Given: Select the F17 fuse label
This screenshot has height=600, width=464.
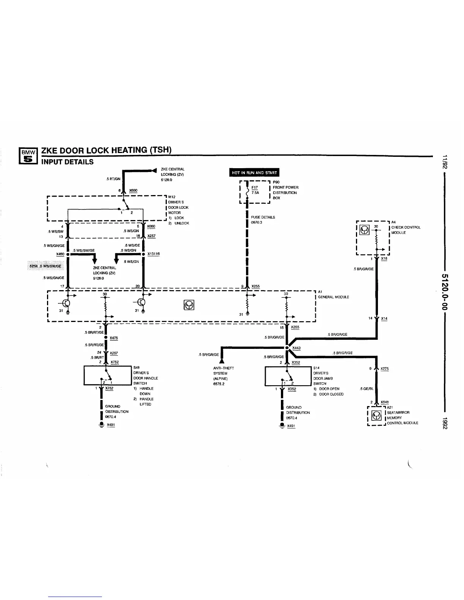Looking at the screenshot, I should point(255,187).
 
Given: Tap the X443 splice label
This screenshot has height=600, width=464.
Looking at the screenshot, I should point(296,348).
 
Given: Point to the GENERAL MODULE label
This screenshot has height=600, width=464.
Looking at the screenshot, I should point(333,297).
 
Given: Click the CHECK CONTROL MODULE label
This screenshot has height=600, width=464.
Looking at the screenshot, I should point(405,230).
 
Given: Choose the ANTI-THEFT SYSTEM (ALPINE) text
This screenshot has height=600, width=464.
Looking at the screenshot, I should point(224,376).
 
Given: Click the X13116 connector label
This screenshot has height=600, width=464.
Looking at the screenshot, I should point(154,254).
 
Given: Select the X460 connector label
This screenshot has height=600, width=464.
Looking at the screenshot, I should point(60,254).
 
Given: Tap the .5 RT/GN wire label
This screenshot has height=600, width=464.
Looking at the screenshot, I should point(113,179).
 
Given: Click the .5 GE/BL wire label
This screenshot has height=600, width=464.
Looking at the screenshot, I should point(367,389).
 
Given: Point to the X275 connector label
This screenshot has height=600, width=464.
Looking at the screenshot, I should point(384,369).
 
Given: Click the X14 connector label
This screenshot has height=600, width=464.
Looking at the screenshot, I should point(384,319).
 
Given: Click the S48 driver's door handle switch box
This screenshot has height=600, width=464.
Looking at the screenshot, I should point(108,375).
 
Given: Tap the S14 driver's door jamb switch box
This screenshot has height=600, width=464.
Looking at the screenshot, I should point(288,376).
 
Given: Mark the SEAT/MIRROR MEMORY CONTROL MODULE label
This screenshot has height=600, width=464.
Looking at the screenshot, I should point(402,418).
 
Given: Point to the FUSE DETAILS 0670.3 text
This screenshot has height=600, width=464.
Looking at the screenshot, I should point(263,220).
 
